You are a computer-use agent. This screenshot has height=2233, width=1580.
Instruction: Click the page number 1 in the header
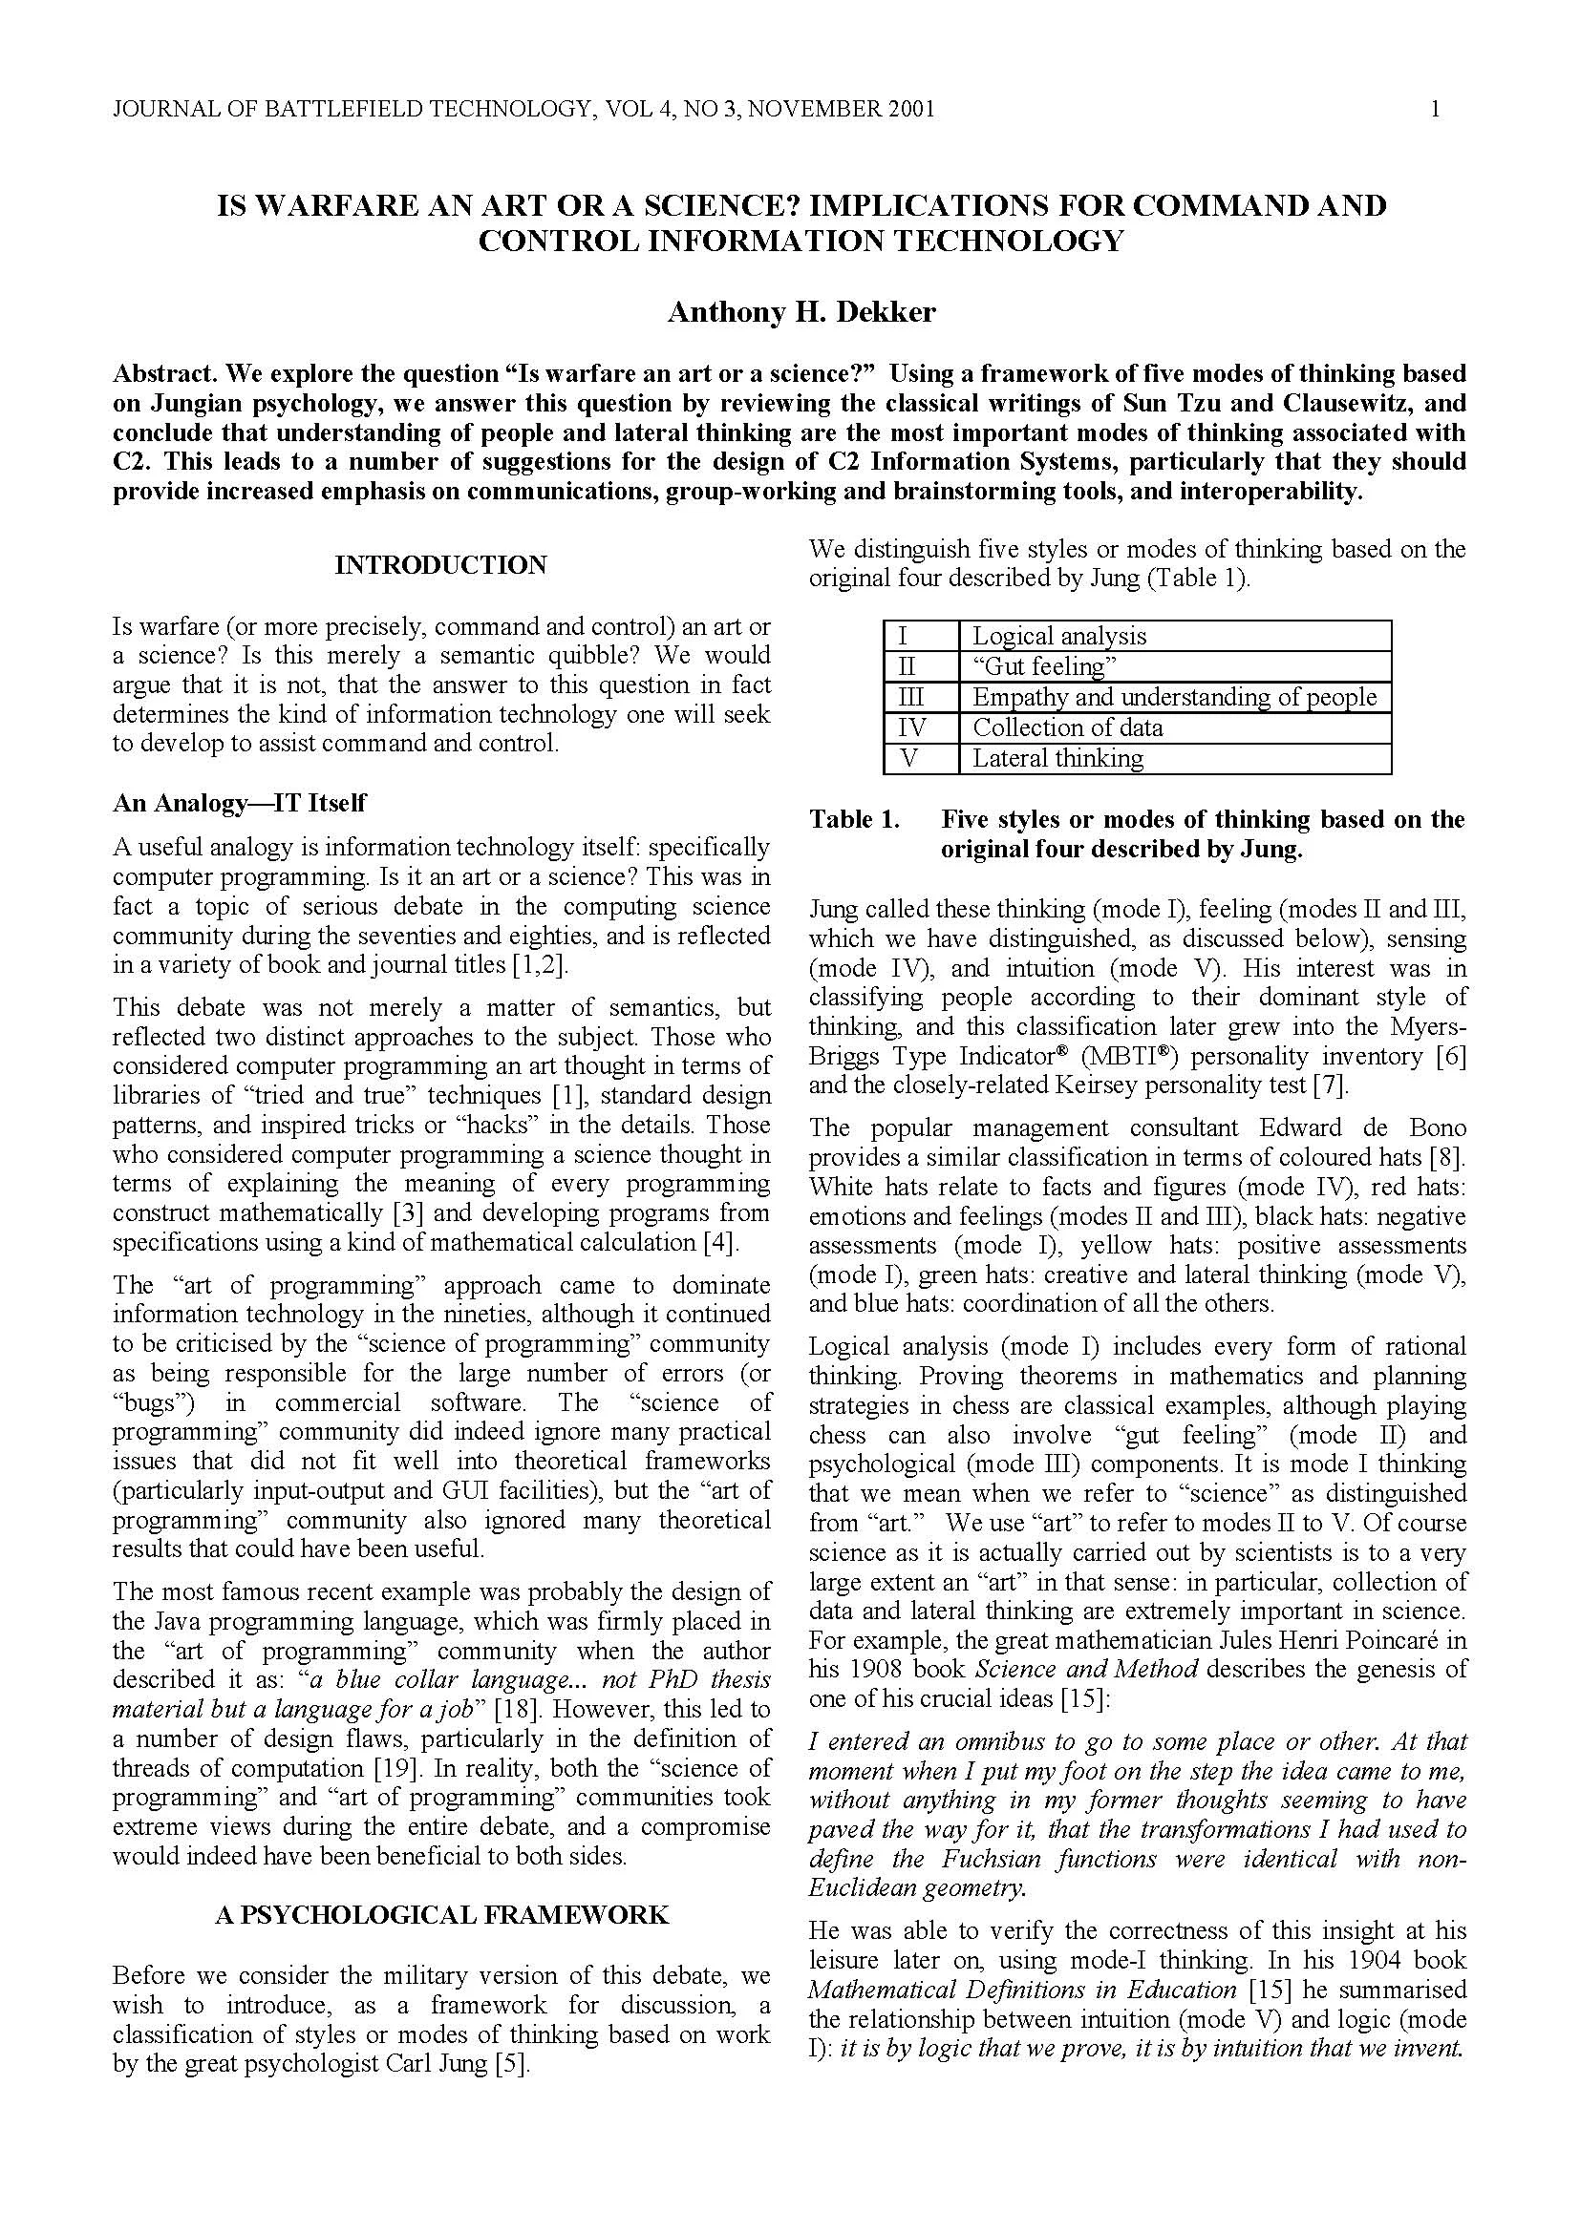coord(1435,109)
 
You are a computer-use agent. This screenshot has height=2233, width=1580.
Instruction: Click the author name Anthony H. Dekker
coord(801,312)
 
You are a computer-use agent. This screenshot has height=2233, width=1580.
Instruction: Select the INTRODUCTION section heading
coord(440,565)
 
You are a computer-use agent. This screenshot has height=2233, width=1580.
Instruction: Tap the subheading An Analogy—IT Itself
coord(240,803)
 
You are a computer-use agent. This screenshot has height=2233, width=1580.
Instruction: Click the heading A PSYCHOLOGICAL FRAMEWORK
coord(441,1915)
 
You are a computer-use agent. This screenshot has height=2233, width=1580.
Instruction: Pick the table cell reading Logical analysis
coord(1058,636)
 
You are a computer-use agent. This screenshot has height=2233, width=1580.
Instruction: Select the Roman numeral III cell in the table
coord(909,697)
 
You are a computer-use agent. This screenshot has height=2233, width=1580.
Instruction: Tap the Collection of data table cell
coord(1067,727)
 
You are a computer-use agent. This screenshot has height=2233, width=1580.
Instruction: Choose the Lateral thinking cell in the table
coord(1057,759)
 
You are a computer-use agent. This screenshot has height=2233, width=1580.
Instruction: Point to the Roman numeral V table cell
coord(909,759)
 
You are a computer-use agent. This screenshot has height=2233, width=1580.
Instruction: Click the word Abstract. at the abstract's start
coord(156,373)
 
